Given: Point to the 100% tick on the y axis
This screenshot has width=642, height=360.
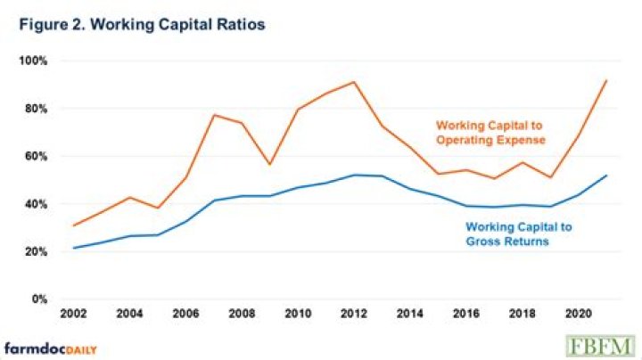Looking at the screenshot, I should (x=34, y=61).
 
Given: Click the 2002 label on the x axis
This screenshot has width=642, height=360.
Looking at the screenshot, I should (x=73, y=315).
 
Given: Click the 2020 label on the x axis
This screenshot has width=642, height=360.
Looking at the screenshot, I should (x=575, y=315).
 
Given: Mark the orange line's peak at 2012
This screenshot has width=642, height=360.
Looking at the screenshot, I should (x=355, y=82).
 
